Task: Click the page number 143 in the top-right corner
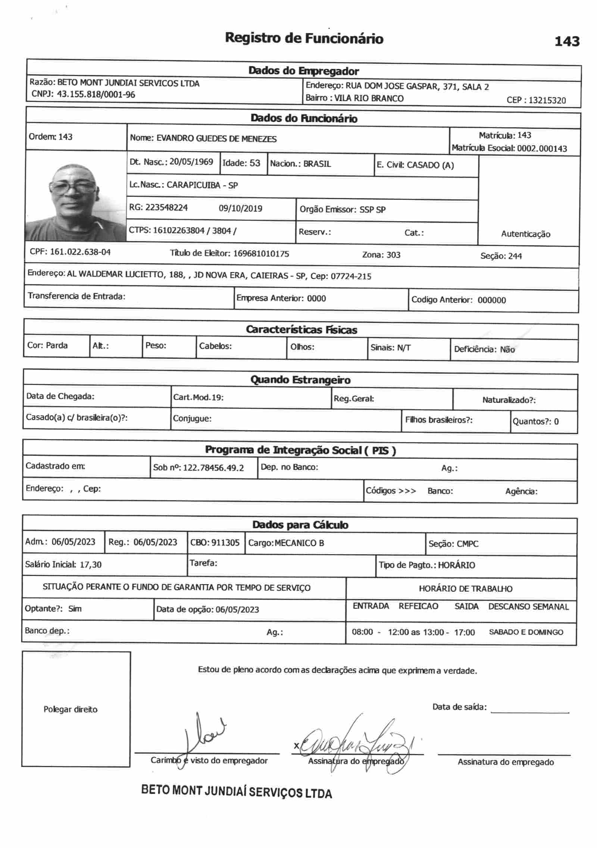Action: [x=567, y=41]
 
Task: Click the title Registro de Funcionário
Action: [x=304, y=38]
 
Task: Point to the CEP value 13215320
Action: [x=547, y=100]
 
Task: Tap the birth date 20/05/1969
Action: [x=191, y=162]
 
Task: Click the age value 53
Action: [x=254, y=163]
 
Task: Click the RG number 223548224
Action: [x=166, y=208]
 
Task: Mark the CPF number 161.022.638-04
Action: [x=80, y=252]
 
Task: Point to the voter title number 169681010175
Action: [x=261, y=254]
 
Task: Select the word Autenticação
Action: [x=525, y=234]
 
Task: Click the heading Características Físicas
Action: [x=301, y=330]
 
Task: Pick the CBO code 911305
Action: [x=225, y=542]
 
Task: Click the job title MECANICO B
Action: [x=299, y=543]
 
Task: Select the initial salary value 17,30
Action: [x=90, y=564]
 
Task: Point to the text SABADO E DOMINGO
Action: [x=526, y=632]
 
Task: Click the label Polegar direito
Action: [x=70, y=709]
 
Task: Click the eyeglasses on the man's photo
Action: [x=73, y=185]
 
